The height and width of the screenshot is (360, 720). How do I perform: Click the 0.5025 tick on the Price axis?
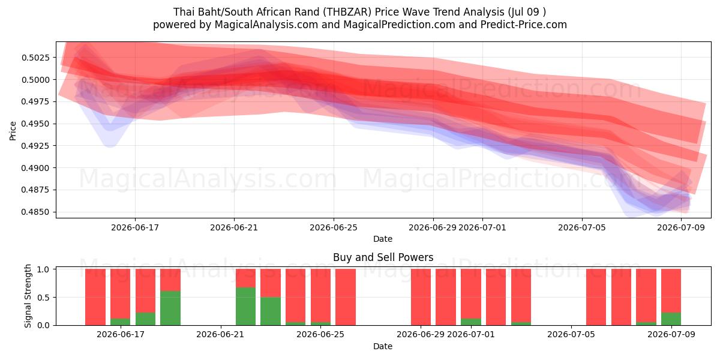35,58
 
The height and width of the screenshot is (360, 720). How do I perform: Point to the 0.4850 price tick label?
35,212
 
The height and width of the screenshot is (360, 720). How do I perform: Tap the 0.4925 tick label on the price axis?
35,146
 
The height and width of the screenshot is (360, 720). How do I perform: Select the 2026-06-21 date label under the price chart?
234,227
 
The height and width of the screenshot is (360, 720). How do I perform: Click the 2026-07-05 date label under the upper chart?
582,227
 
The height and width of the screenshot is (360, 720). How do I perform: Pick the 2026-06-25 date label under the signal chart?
320,334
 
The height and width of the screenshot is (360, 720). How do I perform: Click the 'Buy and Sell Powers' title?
383,257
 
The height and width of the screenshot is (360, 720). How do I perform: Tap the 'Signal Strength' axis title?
28,296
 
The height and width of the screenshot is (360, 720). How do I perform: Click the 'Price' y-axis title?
13,131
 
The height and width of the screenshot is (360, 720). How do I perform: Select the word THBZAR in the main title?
347,12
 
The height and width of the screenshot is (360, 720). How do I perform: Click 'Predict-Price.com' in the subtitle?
524,25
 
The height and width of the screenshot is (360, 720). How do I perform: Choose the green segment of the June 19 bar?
170,308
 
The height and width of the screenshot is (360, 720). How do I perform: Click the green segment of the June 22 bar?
245,307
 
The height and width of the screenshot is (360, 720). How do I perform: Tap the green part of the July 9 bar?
671,319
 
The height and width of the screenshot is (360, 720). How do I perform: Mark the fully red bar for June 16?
95,297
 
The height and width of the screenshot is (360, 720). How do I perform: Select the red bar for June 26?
346,297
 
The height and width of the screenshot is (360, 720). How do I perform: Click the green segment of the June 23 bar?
271,311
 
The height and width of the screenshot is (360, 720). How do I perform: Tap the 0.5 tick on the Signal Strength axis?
43,298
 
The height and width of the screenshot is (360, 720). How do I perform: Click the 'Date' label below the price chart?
383,239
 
